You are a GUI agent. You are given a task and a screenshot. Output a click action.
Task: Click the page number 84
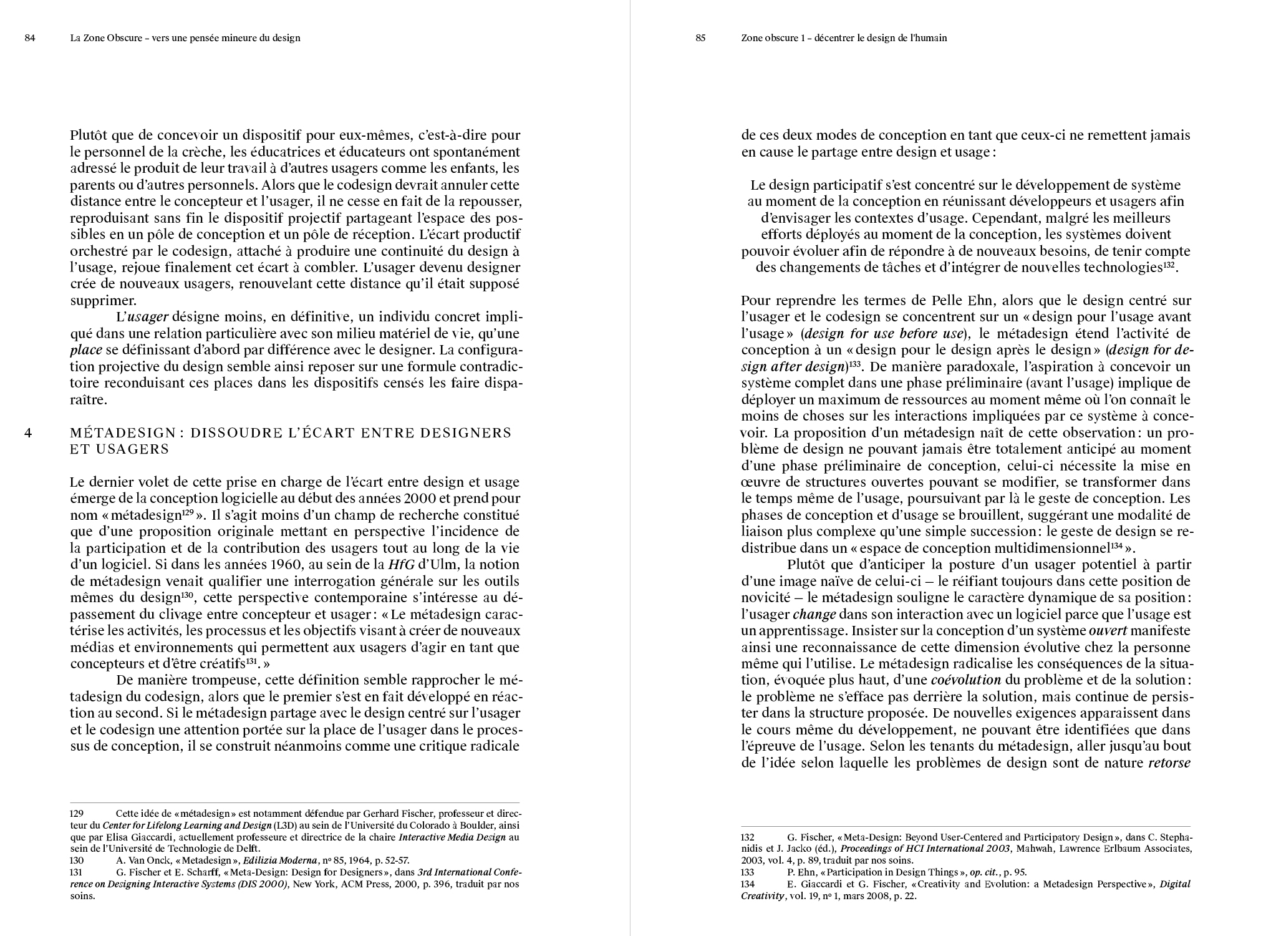[30, 38]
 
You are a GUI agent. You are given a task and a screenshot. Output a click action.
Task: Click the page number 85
[700, 38]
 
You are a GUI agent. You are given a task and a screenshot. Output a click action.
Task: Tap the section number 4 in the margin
[28, 432]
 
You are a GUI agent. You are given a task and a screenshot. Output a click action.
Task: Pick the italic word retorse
[1169, 763]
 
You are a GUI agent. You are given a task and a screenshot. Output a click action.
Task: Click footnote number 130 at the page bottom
[77, 860]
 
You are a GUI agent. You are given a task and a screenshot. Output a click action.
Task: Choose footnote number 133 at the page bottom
[748, 872]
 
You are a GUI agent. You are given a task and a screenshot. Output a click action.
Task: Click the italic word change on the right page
[814, 615]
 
